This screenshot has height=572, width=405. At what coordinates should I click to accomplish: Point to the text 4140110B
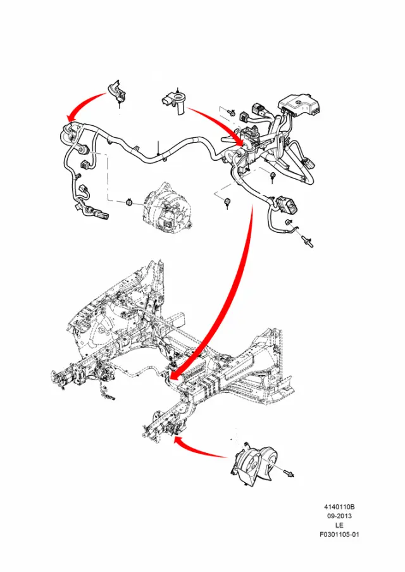[339, 507]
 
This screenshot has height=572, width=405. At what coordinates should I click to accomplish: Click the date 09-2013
[339, 516]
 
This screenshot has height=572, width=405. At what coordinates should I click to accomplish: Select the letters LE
[339, 525]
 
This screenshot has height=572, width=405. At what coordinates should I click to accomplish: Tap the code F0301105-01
[339, 535]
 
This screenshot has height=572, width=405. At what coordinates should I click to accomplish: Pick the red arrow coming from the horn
[200, 449]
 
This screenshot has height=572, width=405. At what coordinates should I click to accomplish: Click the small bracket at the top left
[116, 91]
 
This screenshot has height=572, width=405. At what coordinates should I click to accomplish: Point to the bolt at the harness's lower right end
[307, 242]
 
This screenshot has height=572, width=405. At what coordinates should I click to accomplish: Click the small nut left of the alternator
[129, 202]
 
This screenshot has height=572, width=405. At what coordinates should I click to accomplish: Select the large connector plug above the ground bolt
[287, 206]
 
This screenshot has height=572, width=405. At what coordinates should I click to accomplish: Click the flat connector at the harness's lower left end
[102, 216]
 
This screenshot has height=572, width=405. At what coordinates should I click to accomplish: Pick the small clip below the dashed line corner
[227, 201]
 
